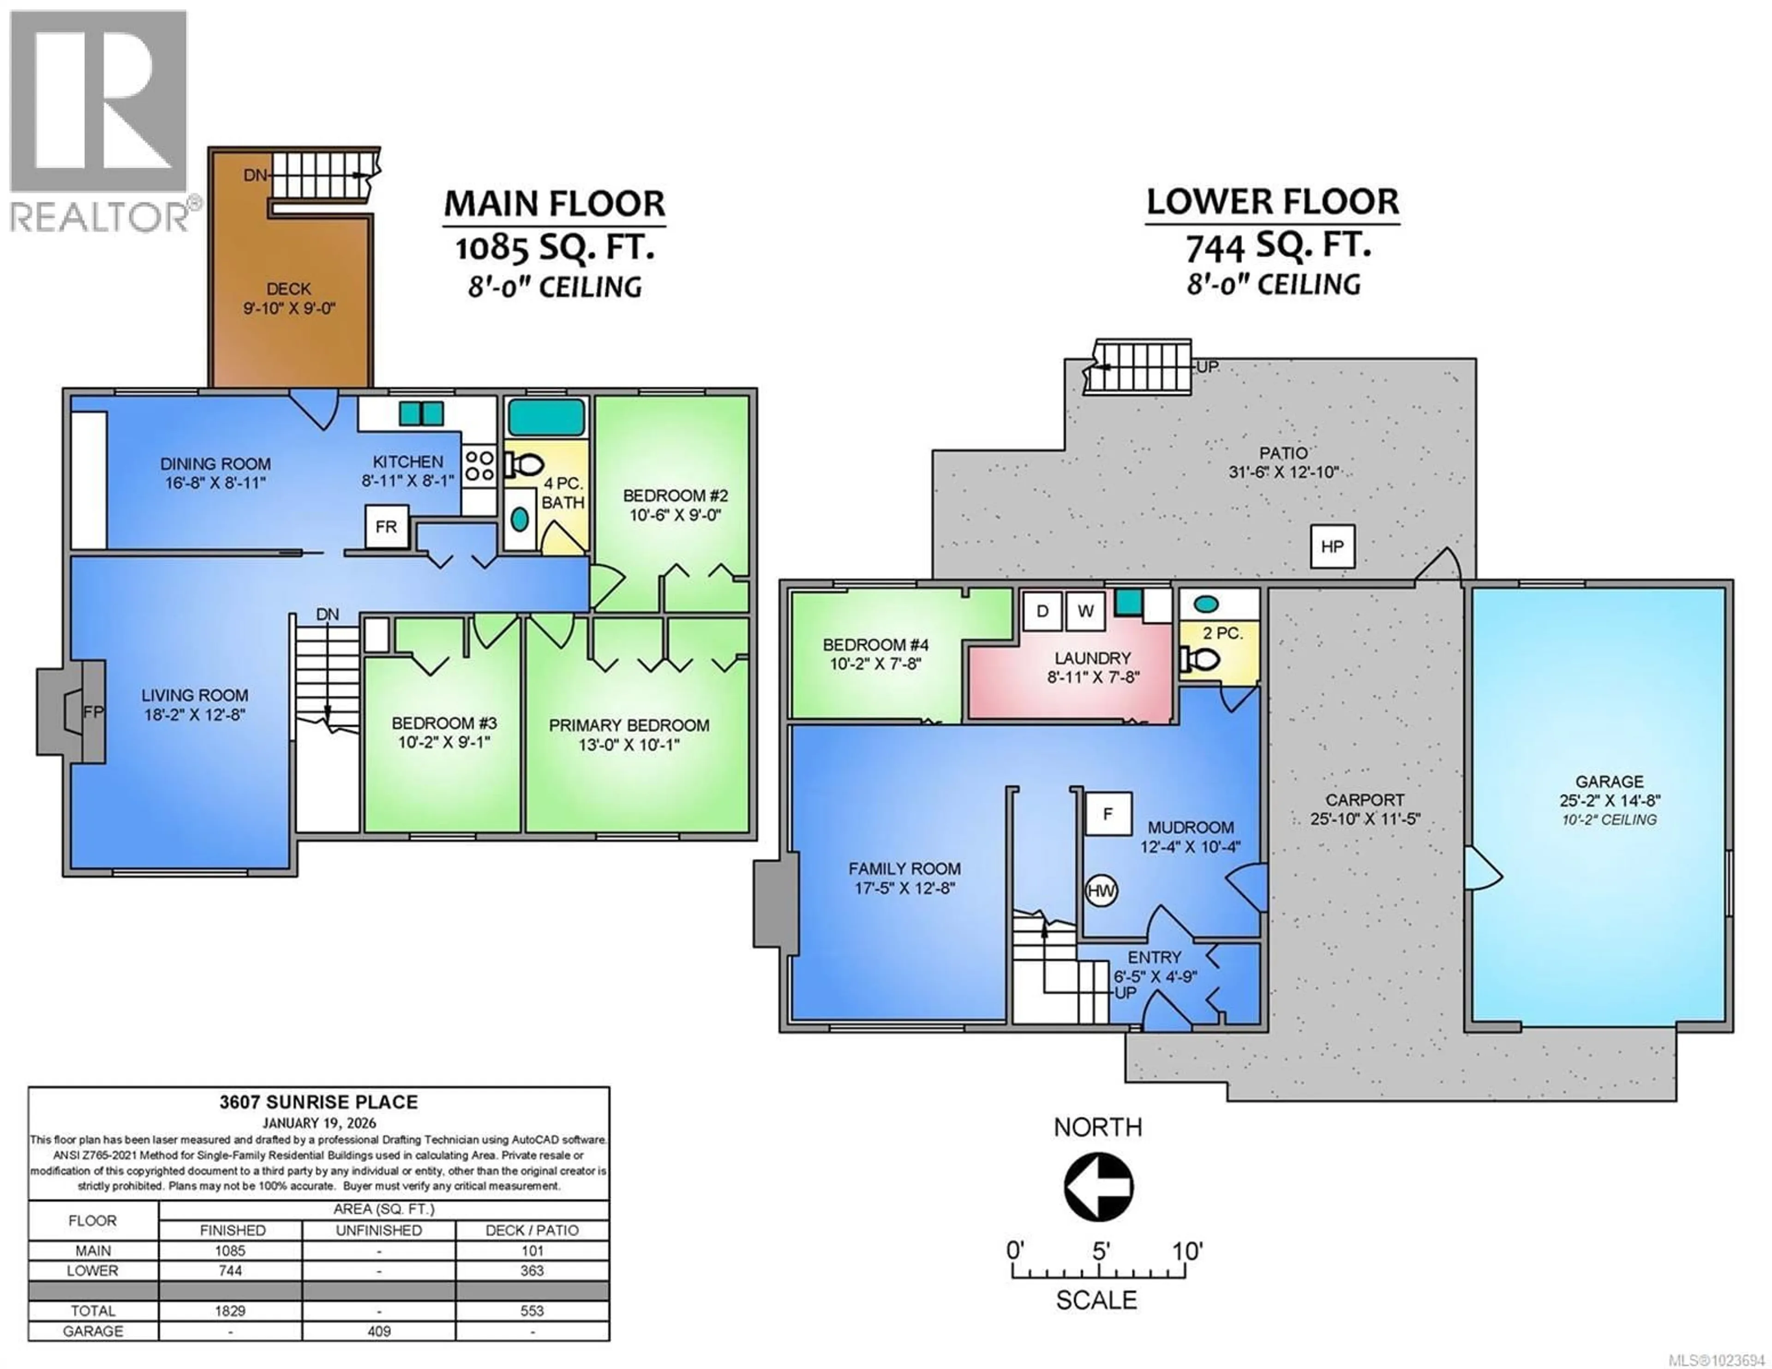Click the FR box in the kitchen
[x=386, y=526]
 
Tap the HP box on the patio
[x=1332, y=547]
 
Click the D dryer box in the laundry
[x=1042, y=611]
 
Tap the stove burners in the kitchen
[x=479, y=466]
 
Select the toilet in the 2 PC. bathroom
[x=1199, y=659]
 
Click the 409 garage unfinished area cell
[x=379, y=1331]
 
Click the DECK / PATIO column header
[x=532, y=1230]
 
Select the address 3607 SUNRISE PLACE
[x=319, y=1102]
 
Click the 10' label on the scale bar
[x=1187, y=1250]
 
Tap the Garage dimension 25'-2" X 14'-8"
[x=1609, y=800]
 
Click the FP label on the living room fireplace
[x=93, y=711]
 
